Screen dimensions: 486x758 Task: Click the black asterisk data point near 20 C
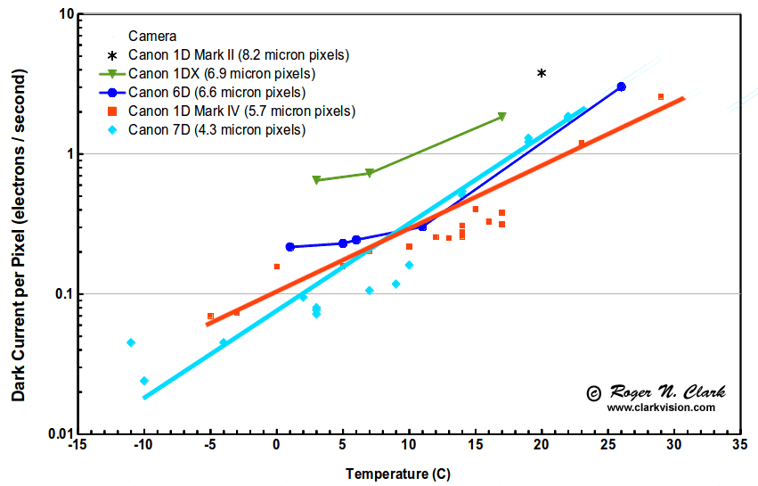[x=542, y=73]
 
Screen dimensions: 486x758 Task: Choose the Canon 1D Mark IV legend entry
[x=241, y=111]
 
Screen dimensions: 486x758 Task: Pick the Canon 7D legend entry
[x=216, y=130]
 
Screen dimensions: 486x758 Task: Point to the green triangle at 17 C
[x=502, y=117]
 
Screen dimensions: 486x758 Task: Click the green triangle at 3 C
[x=316, y=180]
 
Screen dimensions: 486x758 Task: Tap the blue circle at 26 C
[x=621, y=86]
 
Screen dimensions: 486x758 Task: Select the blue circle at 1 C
[x=289, y=247]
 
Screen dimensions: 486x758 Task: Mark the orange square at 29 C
[x=661, y=96]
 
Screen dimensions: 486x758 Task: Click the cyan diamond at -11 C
[x=131, y=342]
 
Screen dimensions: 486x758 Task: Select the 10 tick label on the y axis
[x=64, y=15]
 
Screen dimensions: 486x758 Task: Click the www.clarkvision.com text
[x=661, y=408]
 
